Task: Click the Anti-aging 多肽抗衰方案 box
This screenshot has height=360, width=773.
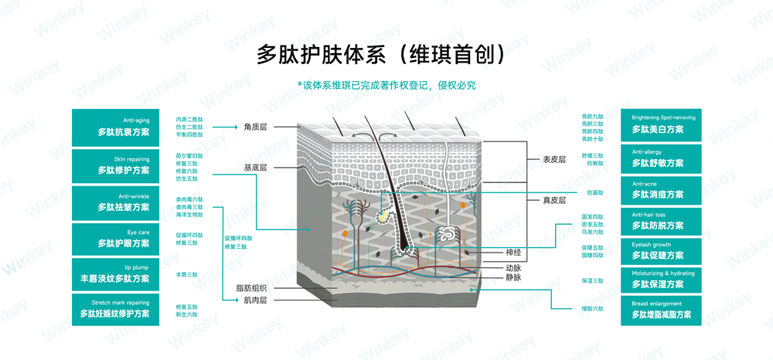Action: point(115,127)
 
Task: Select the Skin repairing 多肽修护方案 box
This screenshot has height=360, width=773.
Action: point(115,164)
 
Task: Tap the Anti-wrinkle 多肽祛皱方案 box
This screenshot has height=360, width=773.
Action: point(115,202)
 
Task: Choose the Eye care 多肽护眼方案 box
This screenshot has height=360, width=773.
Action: point(115,238)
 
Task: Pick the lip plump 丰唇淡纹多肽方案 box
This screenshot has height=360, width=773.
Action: point(115,273)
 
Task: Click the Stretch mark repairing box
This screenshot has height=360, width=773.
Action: point(115,308)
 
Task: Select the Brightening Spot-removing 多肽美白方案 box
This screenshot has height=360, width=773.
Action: point(661,124)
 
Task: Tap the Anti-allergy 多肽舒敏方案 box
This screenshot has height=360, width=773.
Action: point(661,158)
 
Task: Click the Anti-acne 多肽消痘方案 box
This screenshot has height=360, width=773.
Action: point(661,190)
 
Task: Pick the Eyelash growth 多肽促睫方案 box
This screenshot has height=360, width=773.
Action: point(661,250)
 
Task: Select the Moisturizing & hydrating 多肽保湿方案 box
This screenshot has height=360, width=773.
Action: point(661,279)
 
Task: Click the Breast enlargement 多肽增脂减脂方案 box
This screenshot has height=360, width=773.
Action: point(661,309)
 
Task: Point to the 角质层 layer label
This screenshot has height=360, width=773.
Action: point(255,126)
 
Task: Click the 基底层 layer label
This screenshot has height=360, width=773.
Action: point(255,167)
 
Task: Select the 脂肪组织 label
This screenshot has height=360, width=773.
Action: point(251,288)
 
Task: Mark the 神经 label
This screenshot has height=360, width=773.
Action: point(513,252)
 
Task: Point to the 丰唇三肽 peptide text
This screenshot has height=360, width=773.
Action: point(187,274)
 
